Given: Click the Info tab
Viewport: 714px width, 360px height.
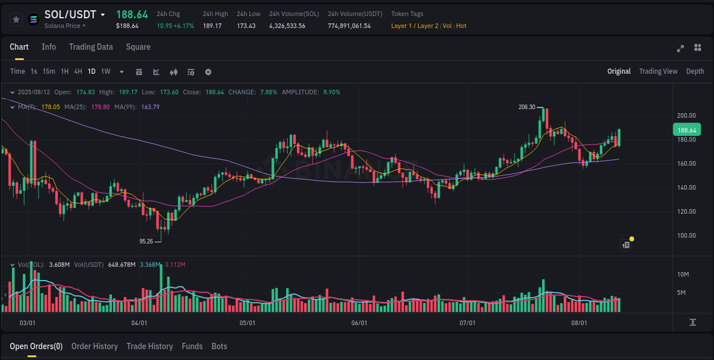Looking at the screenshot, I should coord(49,47).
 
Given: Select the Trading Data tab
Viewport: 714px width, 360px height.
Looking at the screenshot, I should coord(91,47).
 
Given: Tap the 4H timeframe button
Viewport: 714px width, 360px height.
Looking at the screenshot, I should coord(78,71).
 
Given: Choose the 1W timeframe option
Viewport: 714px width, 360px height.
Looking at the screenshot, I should coord(106,71).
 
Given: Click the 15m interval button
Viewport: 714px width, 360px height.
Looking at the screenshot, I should coord(49,71).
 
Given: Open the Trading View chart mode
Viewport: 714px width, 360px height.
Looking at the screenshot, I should coord(658,71).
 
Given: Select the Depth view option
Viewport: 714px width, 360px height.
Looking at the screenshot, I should coord(695,71).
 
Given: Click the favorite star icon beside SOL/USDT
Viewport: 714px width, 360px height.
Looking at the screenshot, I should coord(16,19).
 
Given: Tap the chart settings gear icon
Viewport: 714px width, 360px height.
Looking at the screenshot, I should coord(208,72).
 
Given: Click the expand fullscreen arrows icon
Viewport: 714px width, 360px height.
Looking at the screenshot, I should coord(680,48).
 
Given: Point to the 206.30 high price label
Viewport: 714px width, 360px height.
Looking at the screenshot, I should coord(527,107).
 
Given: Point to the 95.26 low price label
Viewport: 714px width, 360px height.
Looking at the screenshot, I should coord(146,241).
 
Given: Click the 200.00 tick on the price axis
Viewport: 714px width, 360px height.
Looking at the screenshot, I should coord(686,115).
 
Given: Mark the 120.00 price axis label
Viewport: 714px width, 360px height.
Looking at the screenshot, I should coord(686,211).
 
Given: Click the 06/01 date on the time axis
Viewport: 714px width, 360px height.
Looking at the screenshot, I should coord(359,323).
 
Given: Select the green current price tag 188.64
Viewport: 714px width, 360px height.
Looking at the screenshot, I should coord(686,130).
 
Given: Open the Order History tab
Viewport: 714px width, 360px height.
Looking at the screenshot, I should coord(94,346).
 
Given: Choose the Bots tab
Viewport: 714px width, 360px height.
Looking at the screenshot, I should coord(219,346).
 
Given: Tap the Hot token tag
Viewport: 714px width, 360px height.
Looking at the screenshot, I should coord(461,26).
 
